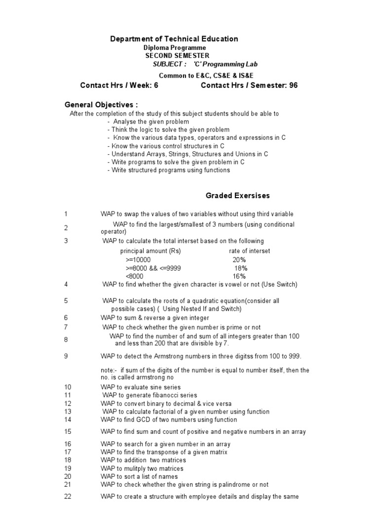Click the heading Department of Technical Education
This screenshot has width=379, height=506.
point(173,39)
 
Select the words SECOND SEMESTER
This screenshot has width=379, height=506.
point(177,55)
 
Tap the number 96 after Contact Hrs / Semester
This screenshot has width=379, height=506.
point(293,85)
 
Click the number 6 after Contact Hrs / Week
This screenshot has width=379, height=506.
point(156,85)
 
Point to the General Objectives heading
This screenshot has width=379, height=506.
point(101,105)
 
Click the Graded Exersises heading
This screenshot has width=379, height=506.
point(237,196)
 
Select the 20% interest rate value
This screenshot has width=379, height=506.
point(239,259)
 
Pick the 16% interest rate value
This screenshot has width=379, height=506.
point(239,276)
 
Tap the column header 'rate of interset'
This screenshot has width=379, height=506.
point(250,251)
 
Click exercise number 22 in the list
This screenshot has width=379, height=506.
point(68,496)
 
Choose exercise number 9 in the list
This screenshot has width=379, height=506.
point(66,356)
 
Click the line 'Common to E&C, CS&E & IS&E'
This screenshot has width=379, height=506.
point(206,75)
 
